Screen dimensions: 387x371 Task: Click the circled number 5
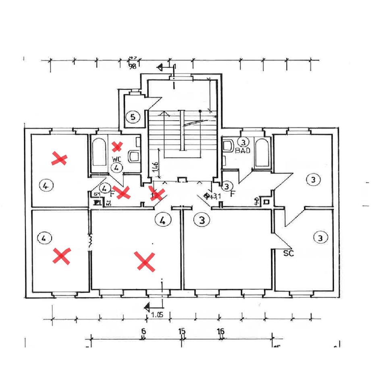[133, 117]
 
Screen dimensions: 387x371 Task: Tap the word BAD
[243, 150]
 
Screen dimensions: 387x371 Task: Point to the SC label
[288, 254]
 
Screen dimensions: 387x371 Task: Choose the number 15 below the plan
[182, 331]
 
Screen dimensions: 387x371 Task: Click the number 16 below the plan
[221, 331]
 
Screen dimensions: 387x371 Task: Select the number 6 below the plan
[143, 331]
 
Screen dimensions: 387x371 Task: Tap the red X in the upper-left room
[59, 159]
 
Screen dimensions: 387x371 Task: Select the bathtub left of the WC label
[99, 152]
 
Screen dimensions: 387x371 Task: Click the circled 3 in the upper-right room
[313, 179]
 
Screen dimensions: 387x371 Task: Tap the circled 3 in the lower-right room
[320, 238]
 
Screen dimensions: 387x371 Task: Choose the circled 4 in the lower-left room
[44, 238]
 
